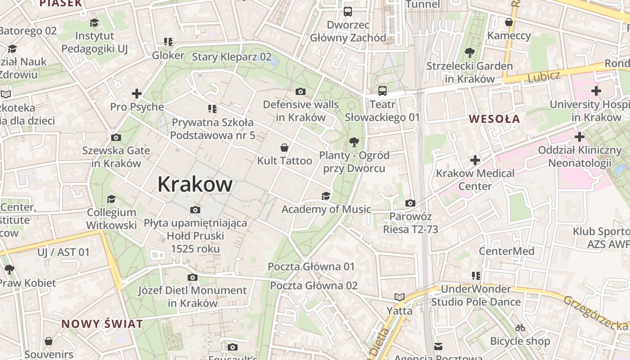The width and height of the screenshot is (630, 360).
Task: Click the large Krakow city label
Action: [x=195, y=184]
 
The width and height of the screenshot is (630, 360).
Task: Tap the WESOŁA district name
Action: [x=495, y=119]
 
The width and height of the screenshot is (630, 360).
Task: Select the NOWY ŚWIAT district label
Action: [x=102, y=324]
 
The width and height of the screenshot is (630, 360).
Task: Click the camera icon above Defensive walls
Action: [x=301, y=92]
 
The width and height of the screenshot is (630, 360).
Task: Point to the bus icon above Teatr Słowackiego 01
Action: [x=382, y=91]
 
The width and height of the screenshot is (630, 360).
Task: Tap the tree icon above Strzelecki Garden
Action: [x=469, y=53]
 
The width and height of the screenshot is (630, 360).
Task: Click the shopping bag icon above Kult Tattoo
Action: [x=284, y=148]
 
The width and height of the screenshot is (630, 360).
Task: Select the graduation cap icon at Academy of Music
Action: [x=326, y=196]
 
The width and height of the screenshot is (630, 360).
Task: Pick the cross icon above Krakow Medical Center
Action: [x=475, y=160]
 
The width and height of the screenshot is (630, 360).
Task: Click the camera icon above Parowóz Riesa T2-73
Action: [x=410, y=203]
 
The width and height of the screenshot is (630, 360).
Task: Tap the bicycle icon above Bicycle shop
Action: [x=520, y=328]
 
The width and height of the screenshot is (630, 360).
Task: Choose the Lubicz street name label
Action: [x=544, y=76]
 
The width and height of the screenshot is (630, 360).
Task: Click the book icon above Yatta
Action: [x=399, y=297]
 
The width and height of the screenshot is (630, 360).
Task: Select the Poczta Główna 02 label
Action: [x=314, y=285]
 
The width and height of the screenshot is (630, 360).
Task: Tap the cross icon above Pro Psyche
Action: [x=137, y=94]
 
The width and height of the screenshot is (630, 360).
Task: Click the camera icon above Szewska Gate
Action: [x=116, y=137]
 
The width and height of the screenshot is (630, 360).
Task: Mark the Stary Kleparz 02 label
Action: [x=232, y=57]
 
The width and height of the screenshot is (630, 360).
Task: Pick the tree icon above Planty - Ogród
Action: [x=354, y=142]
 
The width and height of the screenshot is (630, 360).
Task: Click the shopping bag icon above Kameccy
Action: [x=509, y=22]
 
